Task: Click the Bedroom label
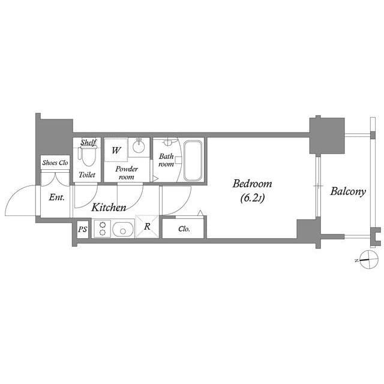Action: (252, 184)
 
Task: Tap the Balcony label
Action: (347, 192)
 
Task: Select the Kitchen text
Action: (109, 208)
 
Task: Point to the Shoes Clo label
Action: (55, 163)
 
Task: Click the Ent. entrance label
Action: (56, 197)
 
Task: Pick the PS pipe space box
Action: (82, 229)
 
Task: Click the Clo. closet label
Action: (184, 229)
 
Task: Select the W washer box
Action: (116, 150)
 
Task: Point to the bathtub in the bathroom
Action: (193, 161)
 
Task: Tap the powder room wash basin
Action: (139, 147)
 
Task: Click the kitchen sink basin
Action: (123, 229)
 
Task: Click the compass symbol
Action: (368, 259)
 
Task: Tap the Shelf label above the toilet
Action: (89, 143)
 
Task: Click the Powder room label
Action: (127, 173)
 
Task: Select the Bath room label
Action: (166, 160)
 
